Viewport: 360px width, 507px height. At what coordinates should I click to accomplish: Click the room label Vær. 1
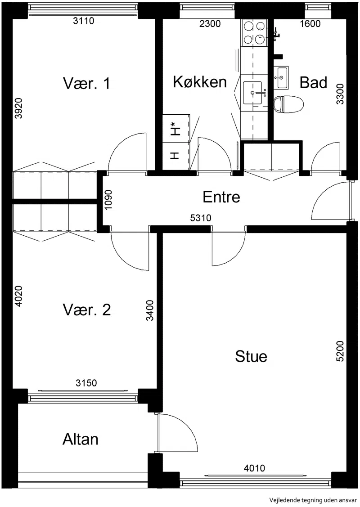click(87, 83)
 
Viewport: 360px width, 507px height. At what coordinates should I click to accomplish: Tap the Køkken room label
click(200, 82)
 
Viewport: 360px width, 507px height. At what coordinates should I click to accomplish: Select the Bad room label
click(313, 82)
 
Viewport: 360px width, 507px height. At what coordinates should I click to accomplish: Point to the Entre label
click(221, 197)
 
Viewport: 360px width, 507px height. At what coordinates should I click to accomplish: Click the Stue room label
click(251, 356)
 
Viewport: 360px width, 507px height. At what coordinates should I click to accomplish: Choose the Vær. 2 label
click(87, 310)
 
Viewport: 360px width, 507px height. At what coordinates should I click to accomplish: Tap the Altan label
click(80, 439)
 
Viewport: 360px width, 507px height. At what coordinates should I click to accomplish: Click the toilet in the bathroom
click(288, 104)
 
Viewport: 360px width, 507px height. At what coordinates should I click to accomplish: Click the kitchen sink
click(252, 93)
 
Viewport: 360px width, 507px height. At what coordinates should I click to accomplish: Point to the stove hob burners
click(254, 32)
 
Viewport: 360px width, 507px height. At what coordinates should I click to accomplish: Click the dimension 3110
click(83, 21)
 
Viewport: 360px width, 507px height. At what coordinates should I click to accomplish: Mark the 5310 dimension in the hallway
click(201, 218)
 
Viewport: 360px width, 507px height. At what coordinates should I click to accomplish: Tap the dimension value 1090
click(108, 199)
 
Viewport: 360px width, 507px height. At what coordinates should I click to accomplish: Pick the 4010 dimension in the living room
click(254, 467)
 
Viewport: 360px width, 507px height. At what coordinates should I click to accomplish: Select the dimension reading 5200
click(340, 351)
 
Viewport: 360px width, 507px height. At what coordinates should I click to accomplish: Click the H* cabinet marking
click(175, 128)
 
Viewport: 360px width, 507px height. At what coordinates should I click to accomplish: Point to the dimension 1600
click(310, 23)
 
